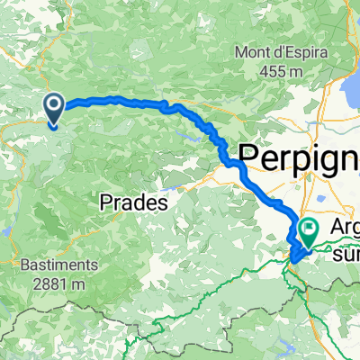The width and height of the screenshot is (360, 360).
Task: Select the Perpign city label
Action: pyautogui.click(x=297, y=156)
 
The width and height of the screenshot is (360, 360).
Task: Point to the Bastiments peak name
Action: pyautogui.click(x=58, y=265)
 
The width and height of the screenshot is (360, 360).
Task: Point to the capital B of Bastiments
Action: pyautogui.click(x=24, y=265)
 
